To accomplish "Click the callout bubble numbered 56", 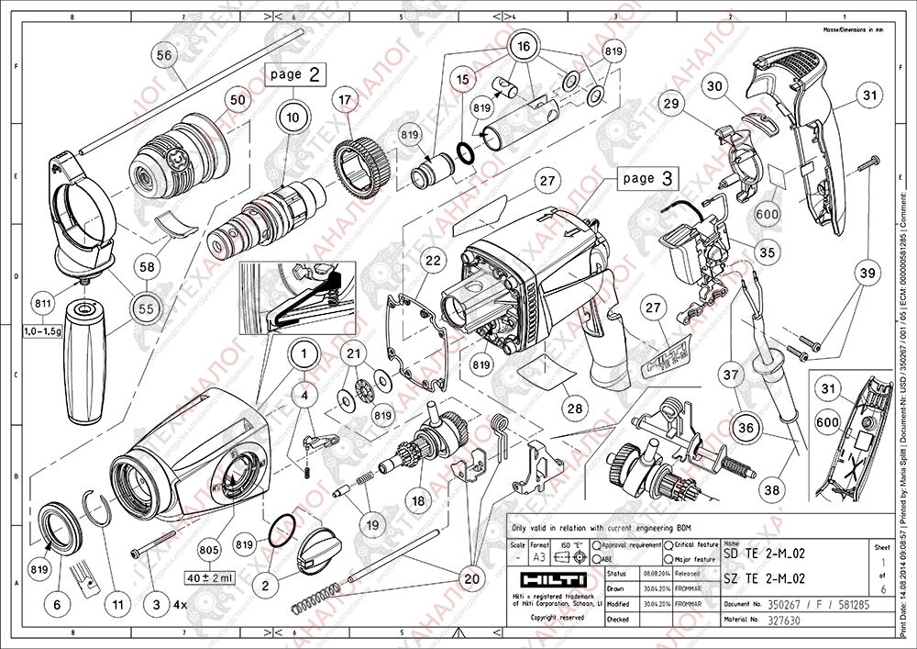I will click(164, 55).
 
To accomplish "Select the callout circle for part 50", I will click(238, 98).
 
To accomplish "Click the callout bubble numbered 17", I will click(344, 99).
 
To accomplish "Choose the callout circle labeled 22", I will click(433, 261).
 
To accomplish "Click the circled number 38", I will click(772, 490).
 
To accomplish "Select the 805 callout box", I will click(209, 551).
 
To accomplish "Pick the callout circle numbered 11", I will click(117, 605).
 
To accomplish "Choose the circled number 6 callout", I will click(58, 605).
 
